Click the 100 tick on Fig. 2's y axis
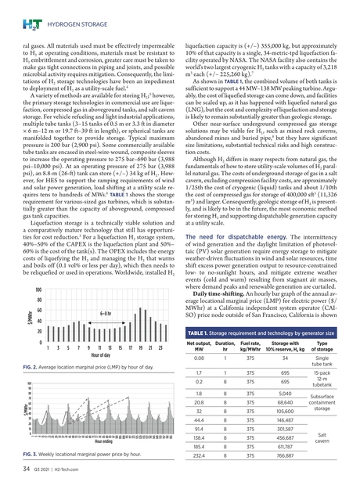point(37,291)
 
